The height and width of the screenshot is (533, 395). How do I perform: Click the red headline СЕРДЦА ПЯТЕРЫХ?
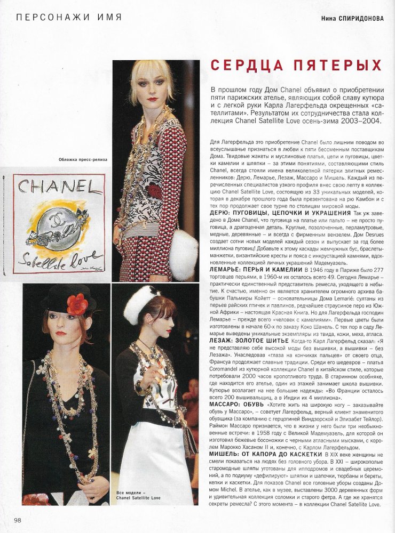click(x=296, y=65)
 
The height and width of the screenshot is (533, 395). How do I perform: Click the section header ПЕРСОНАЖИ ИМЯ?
click(x=69, y=17)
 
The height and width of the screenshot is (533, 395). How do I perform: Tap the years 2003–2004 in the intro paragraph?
click(x=361, y=131)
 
